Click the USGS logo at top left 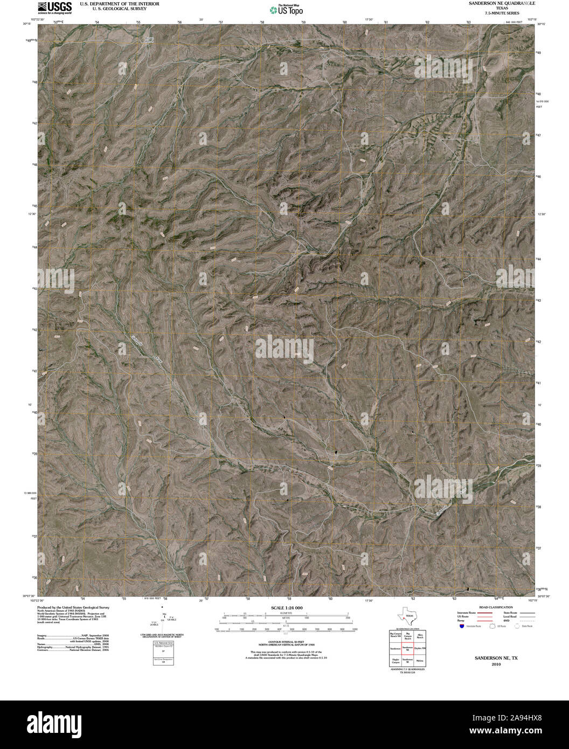[x=54, y=7]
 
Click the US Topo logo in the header [x=287, y=9]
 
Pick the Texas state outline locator [x=406, y=615]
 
